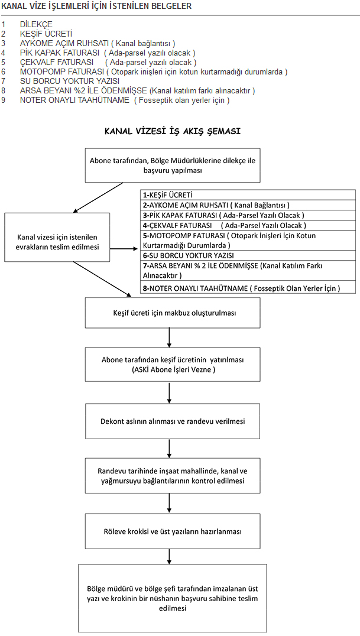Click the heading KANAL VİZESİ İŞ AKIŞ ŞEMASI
pyautogui.click(x=173, y=131)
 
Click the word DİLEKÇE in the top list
pyautogui.click(x=36, y=24)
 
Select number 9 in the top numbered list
pyautogui.click(x=3, y=100)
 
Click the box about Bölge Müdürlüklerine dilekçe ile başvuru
pyautogui.click(x=173, y=166)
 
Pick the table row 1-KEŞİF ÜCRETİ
pyautogui.click(x=248, y=194)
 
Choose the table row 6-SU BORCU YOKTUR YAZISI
pyautogui.click(x=248, y=255)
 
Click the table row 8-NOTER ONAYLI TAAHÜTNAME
pyautogui.click(x=248, y=288)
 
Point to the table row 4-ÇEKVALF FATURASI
pyautogui.click(x=248, y=225)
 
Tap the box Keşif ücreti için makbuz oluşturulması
pyautogui.click(x=173, y=313)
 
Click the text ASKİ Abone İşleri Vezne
pyautogui.click(x=173, y=369)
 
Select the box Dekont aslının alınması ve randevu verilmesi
pyautogui.click(x=173, y=421)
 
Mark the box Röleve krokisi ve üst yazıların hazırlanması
pyautogui.click(x=173, y=531)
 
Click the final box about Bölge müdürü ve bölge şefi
pyautogui.click(x=173, y=598)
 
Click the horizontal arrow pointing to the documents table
pyautogui.click(x=124, y=249)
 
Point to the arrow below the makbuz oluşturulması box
pyautogui.click(x=169, y=337)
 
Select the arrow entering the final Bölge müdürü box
pyautogui.click(x=169, y=557)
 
